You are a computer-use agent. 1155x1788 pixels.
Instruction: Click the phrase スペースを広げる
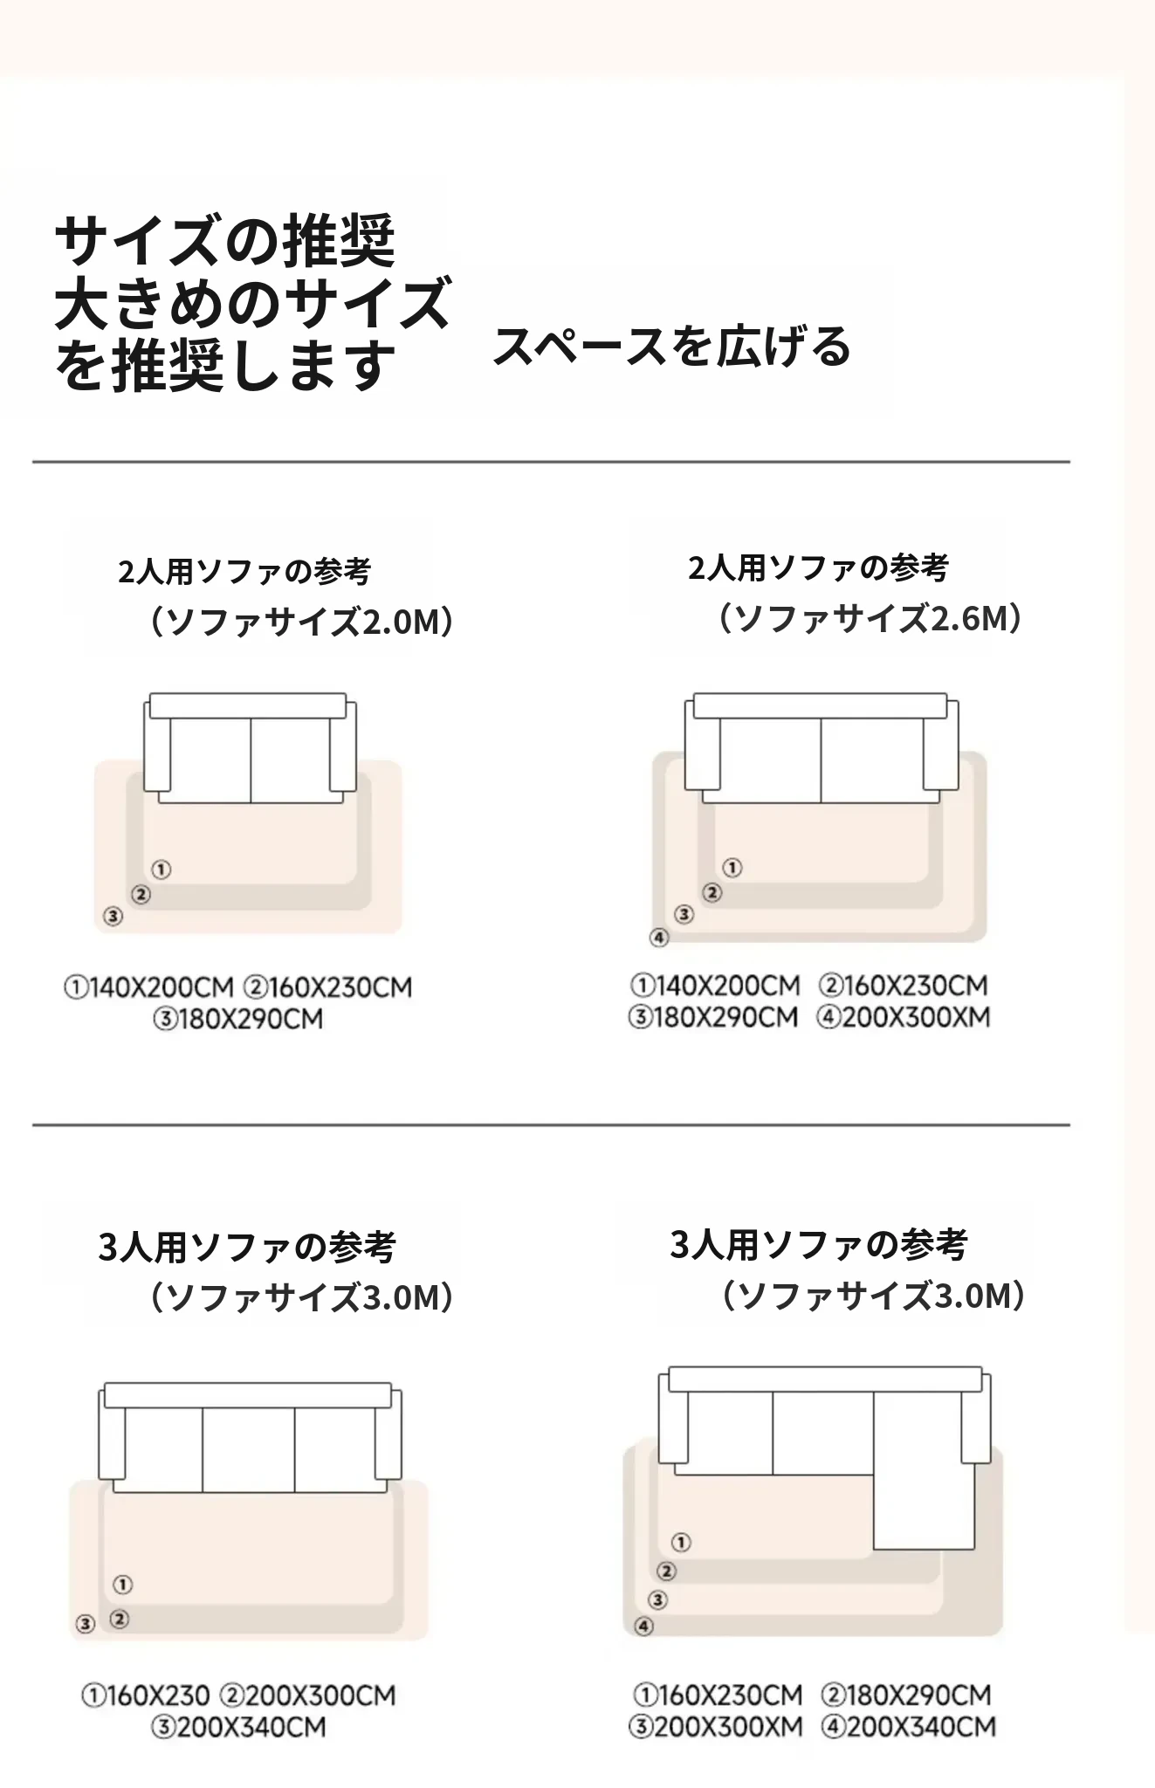[672, 347]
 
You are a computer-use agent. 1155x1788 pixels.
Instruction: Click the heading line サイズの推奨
[225, 242]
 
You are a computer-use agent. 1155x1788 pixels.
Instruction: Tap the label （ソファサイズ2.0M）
[300, 622]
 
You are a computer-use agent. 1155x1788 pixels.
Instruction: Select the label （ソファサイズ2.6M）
[870, 619]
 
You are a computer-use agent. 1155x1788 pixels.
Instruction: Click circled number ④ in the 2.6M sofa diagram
[659, 938]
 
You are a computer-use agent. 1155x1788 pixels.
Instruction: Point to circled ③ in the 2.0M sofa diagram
[113, 917]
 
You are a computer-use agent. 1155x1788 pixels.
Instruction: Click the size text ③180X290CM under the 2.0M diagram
[238, 1019]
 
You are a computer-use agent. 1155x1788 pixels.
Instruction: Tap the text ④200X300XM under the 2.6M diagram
[904, 1017]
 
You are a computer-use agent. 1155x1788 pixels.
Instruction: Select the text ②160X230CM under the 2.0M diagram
[327, 987]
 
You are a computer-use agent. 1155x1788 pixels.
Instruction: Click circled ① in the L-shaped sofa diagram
[681, 1543]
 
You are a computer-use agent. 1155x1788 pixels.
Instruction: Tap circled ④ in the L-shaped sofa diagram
[643, 1626]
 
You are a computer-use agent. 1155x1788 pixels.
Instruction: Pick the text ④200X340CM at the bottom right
[908, 1726]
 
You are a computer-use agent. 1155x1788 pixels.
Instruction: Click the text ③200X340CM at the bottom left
[238, 1727]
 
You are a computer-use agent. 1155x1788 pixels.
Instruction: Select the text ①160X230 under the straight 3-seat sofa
[146, 1695]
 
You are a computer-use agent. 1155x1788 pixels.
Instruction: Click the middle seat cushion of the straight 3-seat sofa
[249, 1449]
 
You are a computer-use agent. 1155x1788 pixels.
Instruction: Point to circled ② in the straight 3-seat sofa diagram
[120, 1620]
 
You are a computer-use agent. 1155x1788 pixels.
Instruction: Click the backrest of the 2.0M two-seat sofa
[248, 706]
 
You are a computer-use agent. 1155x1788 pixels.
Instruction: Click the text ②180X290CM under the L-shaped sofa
[906, 1695]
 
